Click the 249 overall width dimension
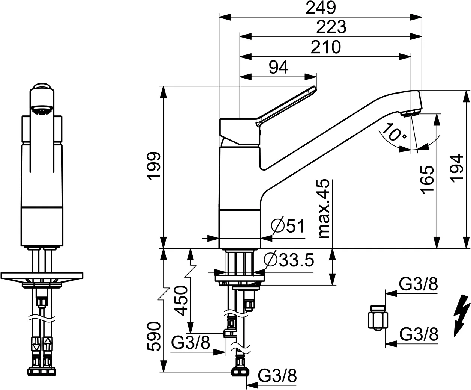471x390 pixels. [321, 8]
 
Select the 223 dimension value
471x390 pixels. [331, 27]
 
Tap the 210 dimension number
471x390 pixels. [326, 47]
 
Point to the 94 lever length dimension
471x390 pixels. [279, 67]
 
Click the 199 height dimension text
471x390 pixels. [154, 166]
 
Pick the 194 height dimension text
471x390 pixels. [456, 168]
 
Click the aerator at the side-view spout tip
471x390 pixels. [410, 113]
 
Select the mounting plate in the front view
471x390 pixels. [42, 276]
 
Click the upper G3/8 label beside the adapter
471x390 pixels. [418, 284]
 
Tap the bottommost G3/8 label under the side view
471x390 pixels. [277, 375]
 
